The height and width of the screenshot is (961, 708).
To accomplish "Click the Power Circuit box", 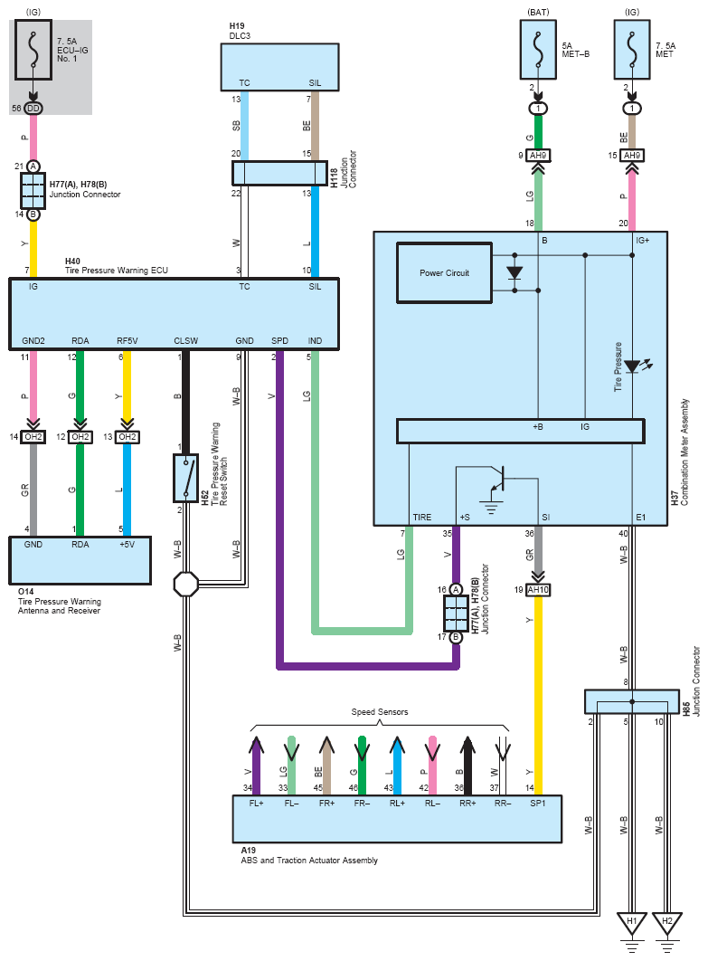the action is pos(444,272).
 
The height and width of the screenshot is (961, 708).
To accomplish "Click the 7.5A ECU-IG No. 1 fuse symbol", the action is pos(33,50).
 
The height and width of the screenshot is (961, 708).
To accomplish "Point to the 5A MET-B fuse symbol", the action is pos(538,50).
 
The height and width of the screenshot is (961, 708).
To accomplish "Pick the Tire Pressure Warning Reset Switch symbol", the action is pos(185,478).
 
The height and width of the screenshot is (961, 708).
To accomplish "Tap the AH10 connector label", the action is pos(538,590).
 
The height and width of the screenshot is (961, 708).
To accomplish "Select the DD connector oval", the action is pos(33,109).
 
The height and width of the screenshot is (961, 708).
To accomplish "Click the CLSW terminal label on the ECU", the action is pos(185,341).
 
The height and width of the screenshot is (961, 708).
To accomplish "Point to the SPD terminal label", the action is pos(279,341).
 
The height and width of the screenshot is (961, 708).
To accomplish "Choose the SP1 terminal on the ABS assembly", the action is pos(538,803).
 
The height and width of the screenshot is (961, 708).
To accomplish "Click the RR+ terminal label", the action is pos(467,803).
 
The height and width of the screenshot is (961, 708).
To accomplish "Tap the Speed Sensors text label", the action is pos(379,711).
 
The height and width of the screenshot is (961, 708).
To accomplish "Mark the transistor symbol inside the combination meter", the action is pos(496,480).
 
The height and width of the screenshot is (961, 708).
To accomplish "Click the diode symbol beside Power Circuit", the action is pos(514,272).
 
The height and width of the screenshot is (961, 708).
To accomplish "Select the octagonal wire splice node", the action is pos(185,584).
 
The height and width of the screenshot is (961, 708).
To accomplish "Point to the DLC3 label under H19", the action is pos(240,35).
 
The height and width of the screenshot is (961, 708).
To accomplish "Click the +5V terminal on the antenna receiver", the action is pos(127,544).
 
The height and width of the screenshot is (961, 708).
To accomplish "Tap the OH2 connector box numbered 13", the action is pos(127,437).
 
